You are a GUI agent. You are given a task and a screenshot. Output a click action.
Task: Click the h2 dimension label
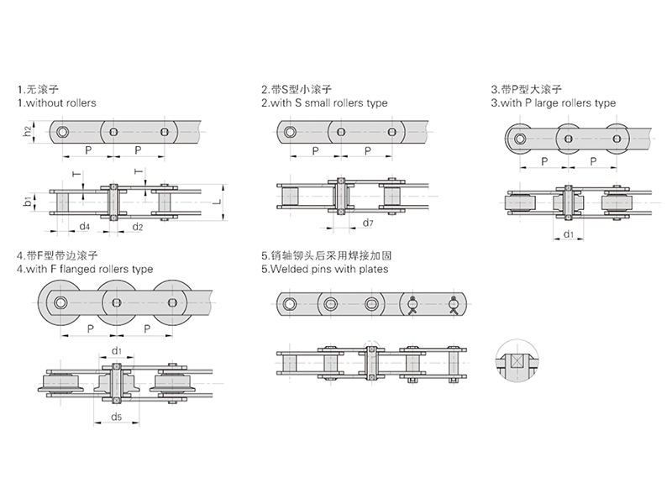pos(27,131)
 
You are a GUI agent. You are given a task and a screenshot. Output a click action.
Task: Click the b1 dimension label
pos(27,201)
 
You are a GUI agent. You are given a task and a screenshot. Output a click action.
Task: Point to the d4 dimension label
pos(84,227)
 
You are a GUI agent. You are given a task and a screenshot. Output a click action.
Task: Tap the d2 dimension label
pos(138,227)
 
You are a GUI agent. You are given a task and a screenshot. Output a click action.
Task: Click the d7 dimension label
pos(367,223)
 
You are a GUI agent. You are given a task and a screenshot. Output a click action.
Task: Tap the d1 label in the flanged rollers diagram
pos(116,350)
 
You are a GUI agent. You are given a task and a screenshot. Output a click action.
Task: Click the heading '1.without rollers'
pos(56,102)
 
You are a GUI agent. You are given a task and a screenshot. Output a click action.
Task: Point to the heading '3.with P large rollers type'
pos(553,102)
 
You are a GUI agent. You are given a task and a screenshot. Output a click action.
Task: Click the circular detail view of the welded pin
pos(516,364)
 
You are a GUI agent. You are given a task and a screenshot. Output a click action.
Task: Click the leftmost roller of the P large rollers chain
pos(521,138)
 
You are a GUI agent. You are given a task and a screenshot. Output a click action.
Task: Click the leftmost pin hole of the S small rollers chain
pos(291,131)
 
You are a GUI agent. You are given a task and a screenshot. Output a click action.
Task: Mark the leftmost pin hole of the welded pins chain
pos(291,303)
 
